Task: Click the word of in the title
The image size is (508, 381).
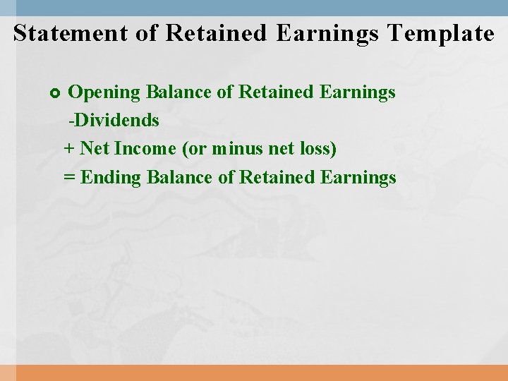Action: coord(146,33)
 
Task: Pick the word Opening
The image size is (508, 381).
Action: coord(104,92)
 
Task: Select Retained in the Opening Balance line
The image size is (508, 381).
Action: coord(277,92)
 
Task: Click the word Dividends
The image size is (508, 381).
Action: coord(116,121)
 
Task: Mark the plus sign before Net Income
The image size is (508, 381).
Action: coord(69,149)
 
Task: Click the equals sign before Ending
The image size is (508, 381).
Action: coord(69,177)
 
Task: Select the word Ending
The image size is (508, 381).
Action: coord(111,178)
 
